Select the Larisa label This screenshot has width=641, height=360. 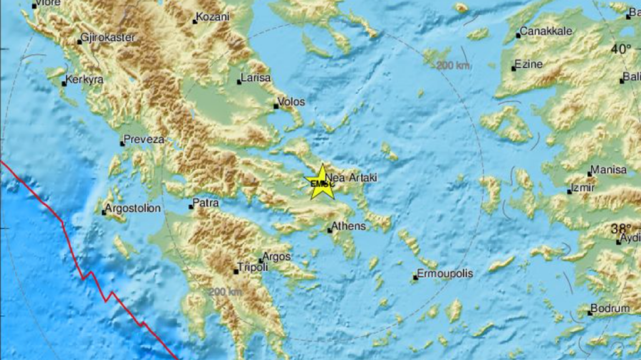point(256,78)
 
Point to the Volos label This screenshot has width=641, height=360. point(291,102)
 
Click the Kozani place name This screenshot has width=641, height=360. point(213,17)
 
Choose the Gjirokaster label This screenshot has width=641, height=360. point(108,38)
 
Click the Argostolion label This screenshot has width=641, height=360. point(133,209)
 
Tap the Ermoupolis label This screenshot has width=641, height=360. point(445,273)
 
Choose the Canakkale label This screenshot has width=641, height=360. point(546,31)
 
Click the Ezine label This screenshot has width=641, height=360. point(530,64)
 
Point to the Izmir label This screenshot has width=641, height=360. point(583,188)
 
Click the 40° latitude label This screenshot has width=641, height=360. point(622,49)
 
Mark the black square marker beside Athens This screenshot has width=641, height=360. point(330,230)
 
